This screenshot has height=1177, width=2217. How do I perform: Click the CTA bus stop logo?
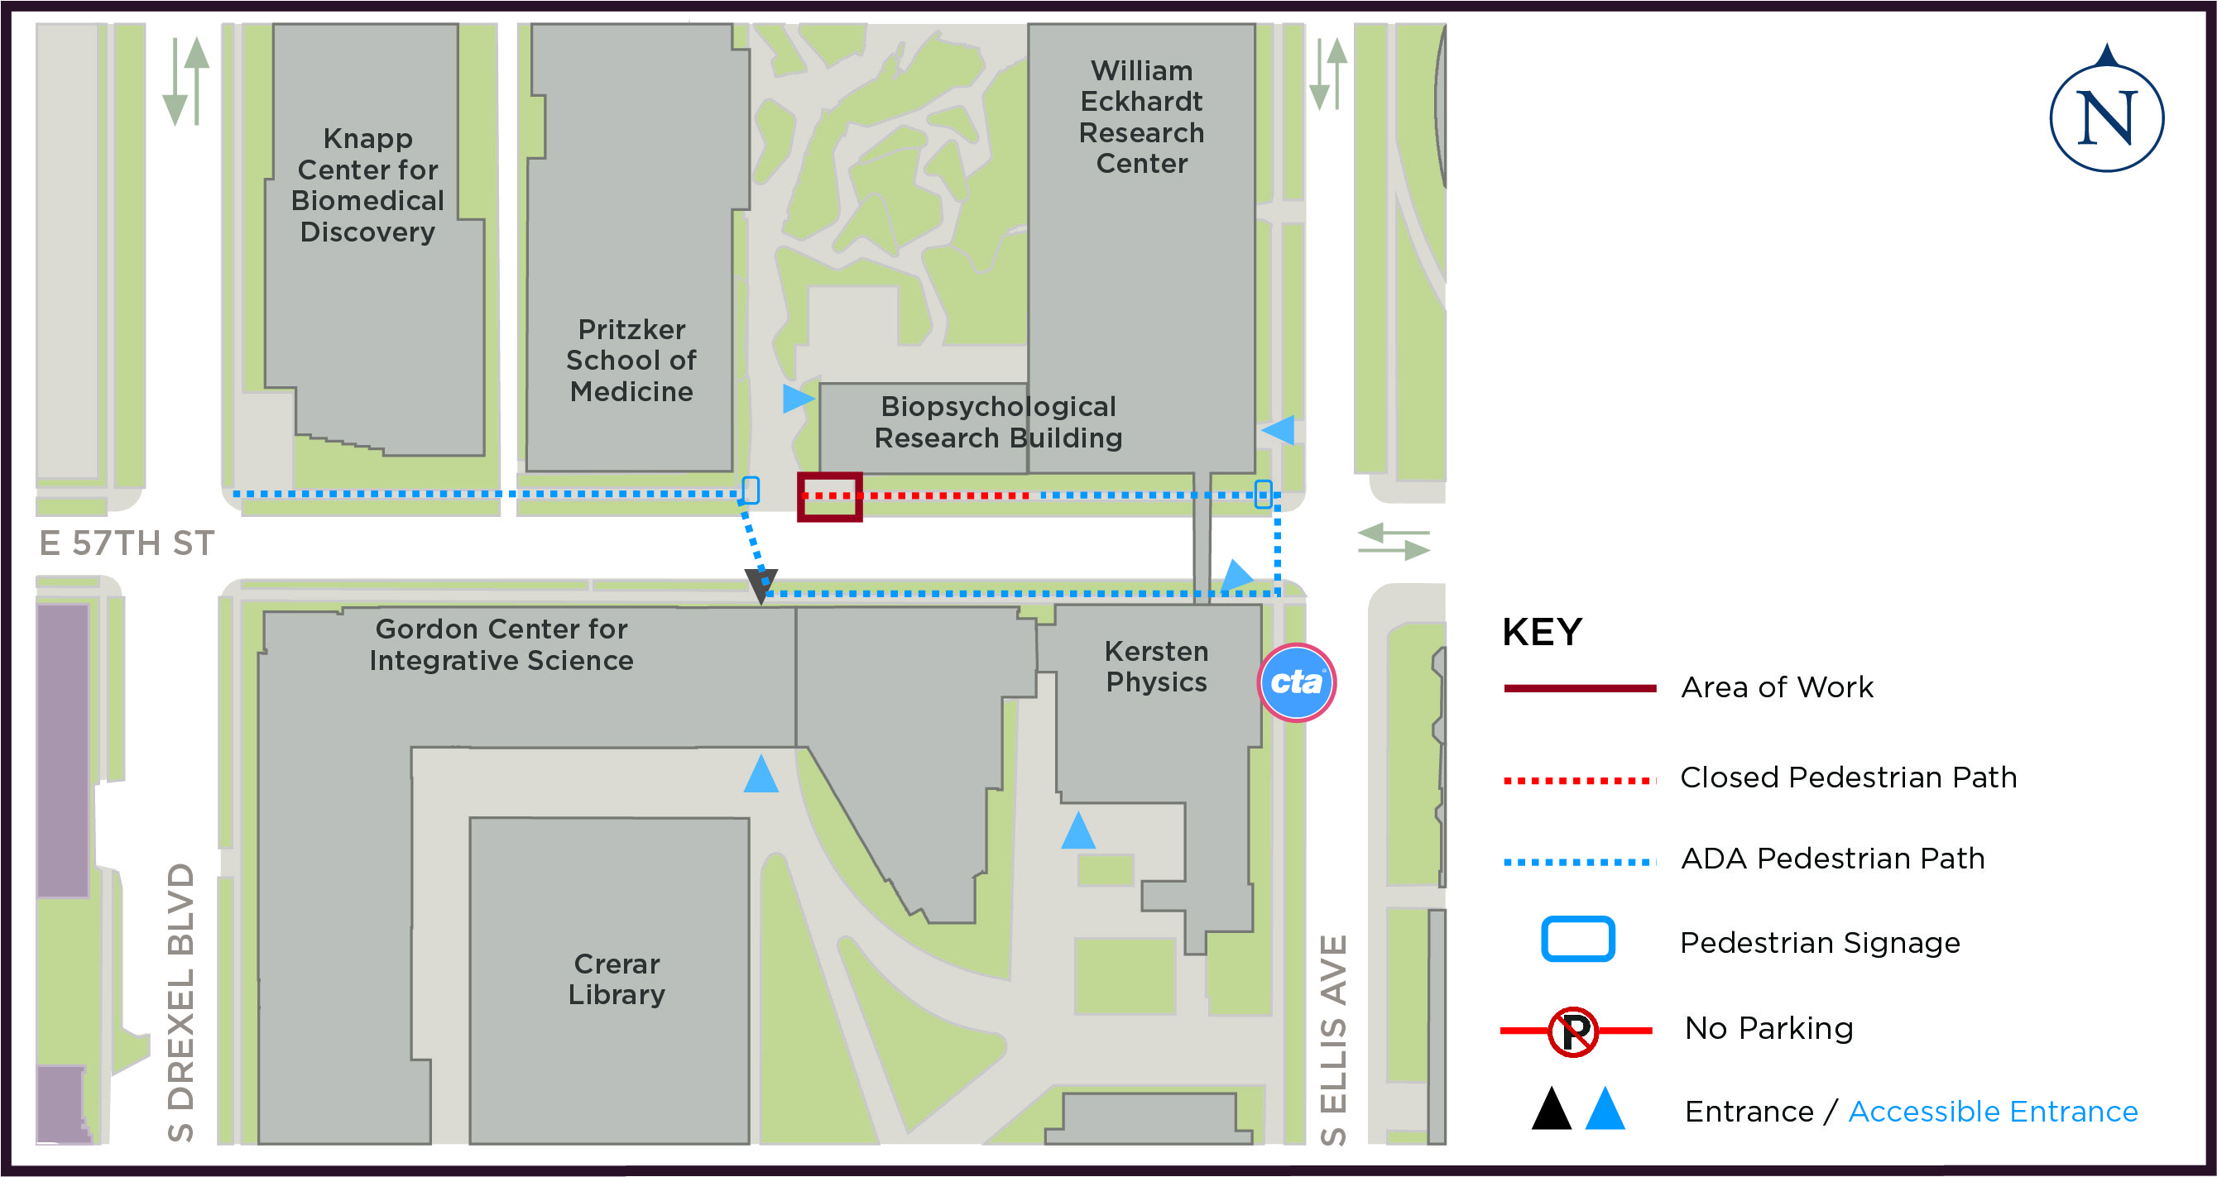coord(1296,682)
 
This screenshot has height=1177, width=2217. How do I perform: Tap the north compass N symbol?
coord(2106,117)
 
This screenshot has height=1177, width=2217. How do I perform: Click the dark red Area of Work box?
coord(829,496)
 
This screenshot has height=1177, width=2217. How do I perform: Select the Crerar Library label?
coord(617,978)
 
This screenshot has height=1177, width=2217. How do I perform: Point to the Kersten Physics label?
coord(1156,666)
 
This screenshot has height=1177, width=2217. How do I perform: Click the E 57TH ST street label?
coord(127,543)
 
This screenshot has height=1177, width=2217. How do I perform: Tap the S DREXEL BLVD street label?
coord(180,1002)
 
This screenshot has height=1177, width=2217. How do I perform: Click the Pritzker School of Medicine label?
coord(631,361)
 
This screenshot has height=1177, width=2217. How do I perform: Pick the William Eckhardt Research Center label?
coord(1141,117)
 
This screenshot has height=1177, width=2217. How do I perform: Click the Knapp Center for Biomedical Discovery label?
coord(367,185)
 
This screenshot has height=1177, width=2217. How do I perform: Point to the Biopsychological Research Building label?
coord(997,422)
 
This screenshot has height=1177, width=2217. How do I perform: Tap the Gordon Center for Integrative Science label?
coord(501,644)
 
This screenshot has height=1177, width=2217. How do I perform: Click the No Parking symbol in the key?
coord(1572,1031)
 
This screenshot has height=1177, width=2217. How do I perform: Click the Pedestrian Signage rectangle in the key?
coord(1576,939)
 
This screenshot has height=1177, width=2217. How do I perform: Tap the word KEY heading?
coord(1542,633)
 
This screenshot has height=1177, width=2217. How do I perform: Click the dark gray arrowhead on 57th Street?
coord(761,584)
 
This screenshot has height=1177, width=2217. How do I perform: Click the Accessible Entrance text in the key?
coord(1993,1112)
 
